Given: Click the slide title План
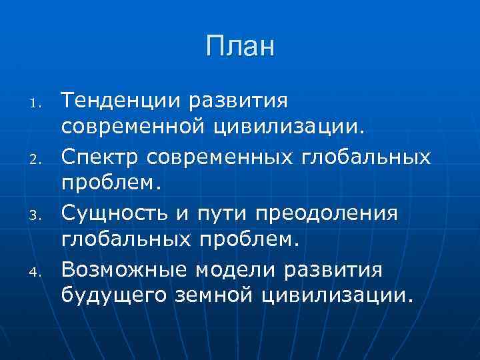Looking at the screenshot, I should [240, 47].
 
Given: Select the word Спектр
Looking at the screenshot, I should [101, 157].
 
